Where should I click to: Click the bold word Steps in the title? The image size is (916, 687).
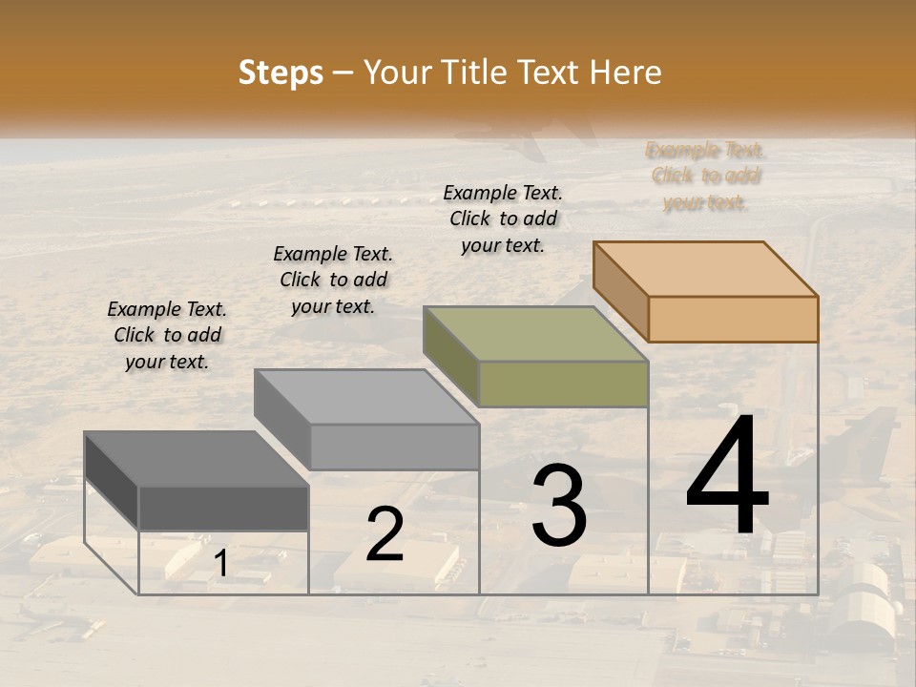pyautogui.click(x=281, y=73)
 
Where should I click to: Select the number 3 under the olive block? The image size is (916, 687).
pyautogui.click(x=559, y=506)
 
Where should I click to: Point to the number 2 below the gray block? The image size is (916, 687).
pyautogui.click(x=385, y=534)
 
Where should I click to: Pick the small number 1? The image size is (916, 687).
pyautogui.click(x=220, y=564)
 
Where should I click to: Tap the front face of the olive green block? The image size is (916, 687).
pyautogui.click(x=563, y=385)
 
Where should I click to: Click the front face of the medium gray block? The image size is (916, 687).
pyautogui.click(x=394, y=447)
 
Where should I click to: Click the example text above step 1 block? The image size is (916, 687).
pyautogui.click(x=167, y=335)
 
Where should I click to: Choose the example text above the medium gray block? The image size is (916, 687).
pyautogui.click(x=333, y=280)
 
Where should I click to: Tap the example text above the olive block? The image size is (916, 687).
pyautogui.click(x=503, y=219)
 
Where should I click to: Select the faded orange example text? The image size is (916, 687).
pyautogui.click(x=706, y=177)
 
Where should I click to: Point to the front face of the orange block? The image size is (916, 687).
pyautogui.click(x=733, y=319)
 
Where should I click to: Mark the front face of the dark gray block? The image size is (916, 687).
pyautogui.click(x=223, y=508)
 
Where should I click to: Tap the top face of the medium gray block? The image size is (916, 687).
pyautogui.click(x=366, y=397)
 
